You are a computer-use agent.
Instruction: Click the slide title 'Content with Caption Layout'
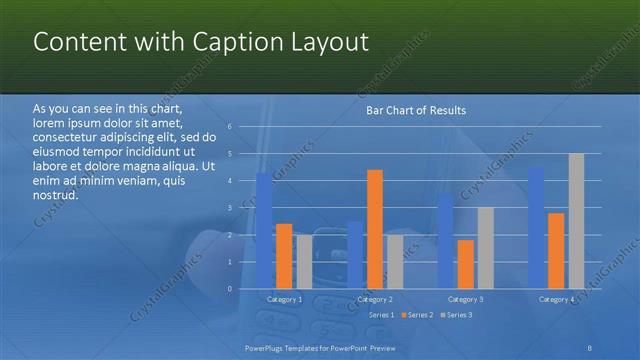(x=201, y=42)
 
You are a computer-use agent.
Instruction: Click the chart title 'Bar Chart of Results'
(x=415, y=110)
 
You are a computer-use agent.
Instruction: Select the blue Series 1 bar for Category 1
(x=264, y=230)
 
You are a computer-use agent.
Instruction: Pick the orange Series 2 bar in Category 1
(x=284, y=256)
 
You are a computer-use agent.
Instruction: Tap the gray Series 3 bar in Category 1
(x=304, y=262)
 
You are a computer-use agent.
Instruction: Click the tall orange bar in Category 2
(x=375, y=229)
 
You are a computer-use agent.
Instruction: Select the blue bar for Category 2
(x=355, y=255)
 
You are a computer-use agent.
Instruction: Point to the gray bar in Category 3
(x=485, y=248)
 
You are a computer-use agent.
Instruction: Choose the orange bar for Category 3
(x=465, y=264)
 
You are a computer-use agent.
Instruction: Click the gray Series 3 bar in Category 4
(x=576, y=221)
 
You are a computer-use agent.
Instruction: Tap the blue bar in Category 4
(x=536, y=228)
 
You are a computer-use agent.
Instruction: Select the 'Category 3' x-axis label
(x=465, y=299)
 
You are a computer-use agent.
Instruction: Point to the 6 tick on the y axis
(x=230, y=127)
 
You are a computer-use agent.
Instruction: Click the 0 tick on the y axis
(x=230, y=289)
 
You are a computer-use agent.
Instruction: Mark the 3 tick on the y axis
(x=230, y=208)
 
